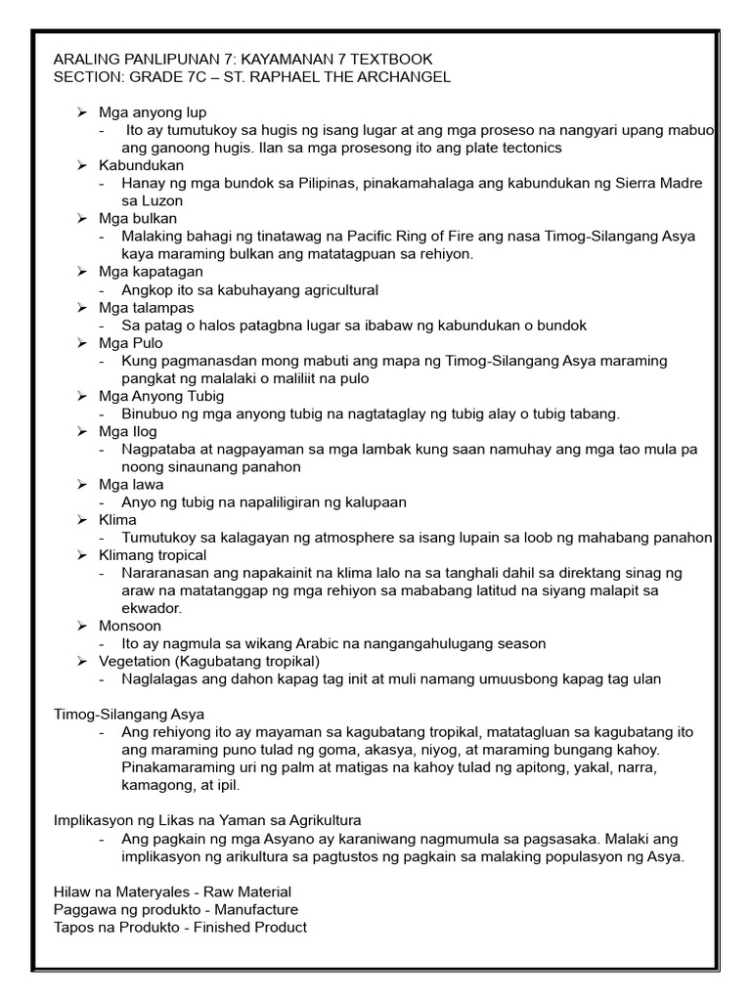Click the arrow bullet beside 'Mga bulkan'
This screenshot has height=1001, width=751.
pos(83,218)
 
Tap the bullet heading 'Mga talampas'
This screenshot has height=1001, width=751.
pos(146,307)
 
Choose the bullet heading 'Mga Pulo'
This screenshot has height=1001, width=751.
pos(131,343)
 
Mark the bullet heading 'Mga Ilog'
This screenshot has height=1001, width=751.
pos(128,431)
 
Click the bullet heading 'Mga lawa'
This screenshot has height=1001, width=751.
pos(131,484)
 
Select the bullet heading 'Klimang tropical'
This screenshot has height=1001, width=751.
pos(153,554)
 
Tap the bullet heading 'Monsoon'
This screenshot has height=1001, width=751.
pos(130,626)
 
